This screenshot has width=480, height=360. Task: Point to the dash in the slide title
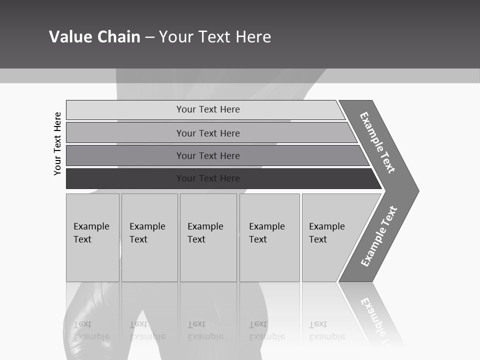pos(150,37)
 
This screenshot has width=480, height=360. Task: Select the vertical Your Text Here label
pos(57,143)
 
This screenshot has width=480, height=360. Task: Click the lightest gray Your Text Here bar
pos(207,109)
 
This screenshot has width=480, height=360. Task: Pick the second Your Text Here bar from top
pos(207,133)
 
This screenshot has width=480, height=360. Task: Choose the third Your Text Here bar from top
pos(207,155)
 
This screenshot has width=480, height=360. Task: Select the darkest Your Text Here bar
pos(207,178)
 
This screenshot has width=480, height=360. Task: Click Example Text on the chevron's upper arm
pos(377,142)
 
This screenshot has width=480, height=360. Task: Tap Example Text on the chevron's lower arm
pos(379,236)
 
